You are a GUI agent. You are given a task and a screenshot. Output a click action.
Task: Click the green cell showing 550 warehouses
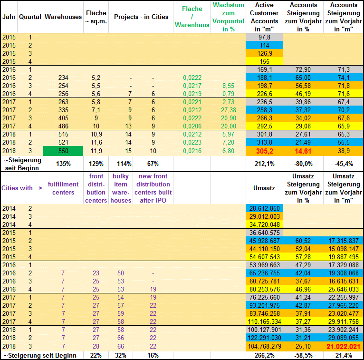(63, 150)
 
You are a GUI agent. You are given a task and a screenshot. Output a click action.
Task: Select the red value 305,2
(264, 150)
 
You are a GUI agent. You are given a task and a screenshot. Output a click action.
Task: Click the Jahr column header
(9, 17)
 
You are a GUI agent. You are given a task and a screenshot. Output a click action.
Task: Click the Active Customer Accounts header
(264, 17)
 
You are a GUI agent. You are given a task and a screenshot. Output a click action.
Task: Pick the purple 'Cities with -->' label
(21, 188)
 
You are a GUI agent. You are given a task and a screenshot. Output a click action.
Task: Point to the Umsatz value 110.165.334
(264, 322)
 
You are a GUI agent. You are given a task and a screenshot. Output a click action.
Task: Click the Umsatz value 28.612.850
(264, 209)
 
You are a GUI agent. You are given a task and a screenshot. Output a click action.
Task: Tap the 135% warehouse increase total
(63, 164)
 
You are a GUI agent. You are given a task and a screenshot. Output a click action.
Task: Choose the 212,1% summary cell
(264, 164)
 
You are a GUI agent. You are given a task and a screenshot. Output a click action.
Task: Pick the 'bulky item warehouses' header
(121, 188)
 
